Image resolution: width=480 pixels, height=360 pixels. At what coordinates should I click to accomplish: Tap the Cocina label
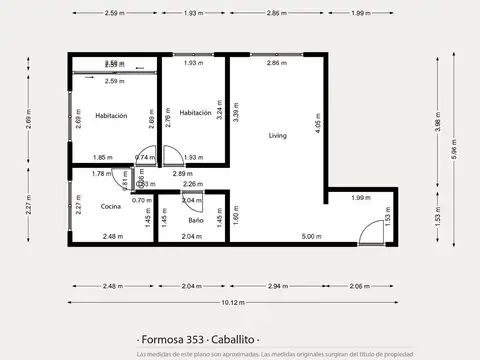click(x=112, y=206)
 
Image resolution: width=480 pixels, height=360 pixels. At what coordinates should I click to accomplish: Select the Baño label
click(x=195, y=219)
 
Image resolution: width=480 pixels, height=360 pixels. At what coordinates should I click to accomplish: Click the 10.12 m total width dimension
click(x=233, y=302)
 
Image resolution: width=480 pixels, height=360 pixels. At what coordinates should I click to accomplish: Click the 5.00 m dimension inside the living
click(x=312, y=236)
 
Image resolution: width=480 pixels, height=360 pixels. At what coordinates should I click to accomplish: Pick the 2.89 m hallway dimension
click(x=182, y=174)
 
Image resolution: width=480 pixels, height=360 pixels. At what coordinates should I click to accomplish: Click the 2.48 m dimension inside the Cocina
click(x=113, y=236)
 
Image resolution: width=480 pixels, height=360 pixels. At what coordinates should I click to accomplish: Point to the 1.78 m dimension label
click(x=99, y=174)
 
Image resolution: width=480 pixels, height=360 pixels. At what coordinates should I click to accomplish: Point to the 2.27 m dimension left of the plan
click(x=30, y=205)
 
